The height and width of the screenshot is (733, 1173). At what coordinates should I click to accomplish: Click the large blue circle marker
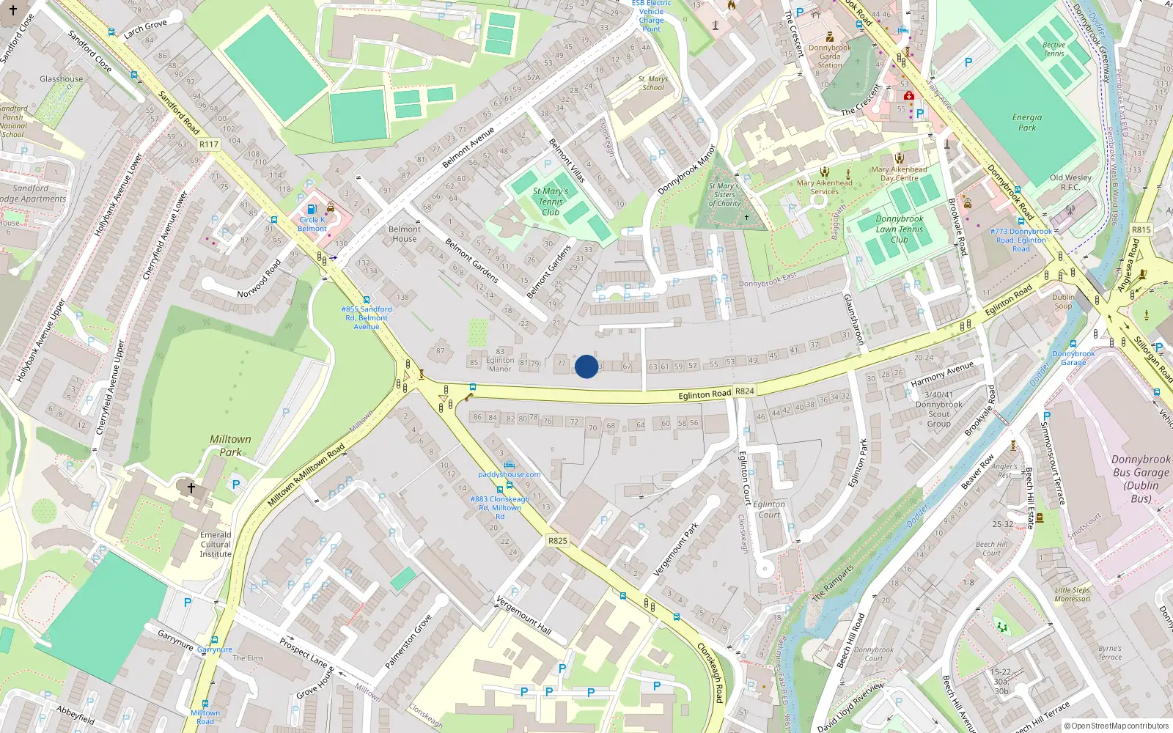pos(586,366)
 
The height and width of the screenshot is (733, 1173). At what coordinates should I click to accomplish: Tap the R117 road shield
pos(209,144)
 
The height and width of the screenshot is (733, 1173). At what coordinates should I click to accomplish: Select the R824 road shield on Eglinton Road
pos(744,391)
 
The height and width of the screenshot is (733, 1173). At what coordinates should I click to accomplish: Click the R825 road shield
pos(557,541)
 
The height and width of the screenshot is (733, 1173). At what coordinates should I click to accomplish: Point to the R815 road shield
pos(1141,229)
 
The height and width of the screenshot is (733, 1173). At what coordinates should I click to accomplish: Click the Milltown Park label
pos(230,446)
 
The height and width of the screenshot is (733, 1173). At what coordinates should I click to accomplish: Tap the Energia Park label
pos(1026,122)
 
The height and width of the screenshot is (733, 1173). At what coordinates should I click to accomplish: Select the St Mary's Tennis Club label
pos(550,202)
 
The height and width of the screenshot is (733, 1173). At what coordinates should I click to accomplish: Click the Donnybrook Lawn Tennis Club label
pos(899,229)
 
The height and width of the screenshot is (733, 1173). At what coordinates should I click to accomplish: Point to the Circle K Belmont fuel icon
pos(312,209)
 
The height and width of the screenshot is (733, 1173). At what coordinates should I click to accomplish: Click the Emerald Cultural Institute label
pos(216,545)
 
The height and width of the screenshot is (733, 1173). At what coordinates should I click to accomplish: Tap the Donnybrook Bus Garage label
pos(1140,479)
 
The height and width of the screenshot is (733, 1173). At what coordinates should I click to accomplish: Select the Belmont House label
pos(404,234)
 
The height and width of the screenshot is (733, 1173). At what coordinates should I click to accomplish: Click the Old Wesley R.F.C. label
pos(1070,182)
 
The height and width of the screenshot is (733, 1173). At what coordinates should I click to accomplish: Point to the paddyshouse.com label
pos(509,474)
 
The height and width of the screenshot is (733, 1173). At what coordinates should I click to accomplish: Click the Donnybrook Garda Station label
pos(830,56)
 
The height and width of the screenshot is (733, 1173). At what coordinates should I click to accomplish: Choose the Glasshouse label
pos(62,79)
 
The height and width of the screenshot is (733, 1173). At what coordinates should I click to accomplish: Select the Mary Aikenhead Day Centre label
pos(899,174)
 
